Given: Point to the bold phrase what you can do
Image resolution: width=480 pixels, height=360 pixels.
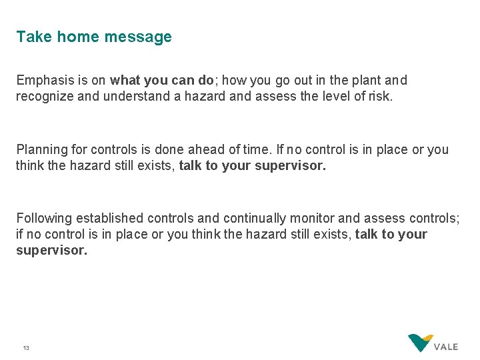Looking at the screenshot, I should point(161,81).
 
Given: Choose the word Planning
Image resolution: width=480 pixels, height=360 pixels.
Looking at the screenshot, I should point(42,149).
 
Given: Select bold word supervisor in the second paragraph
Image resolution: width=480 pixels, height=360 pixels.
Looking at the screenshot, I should point(291,165).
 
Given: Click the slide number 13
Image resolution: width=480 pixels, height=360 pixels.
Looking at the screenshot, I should point(26,348).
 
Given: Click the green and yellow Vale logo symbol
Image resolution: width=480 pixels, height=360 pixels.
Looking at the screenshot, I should point(420,343).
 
